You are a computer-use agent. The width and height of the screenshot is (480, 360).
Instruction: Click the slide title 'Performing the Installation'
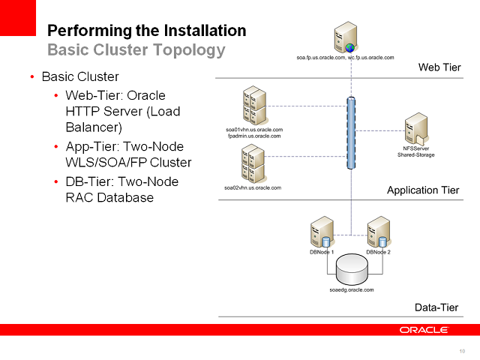point(146,31)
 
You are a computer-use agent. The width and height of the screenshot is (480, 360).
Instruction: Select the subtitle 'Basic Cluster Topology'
point(136,50)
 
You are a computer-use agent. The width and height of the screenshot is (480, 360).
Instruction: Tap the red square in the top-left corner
point(17,17)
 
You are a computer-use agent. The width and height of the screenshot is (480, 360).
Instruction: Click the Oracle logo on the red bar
point(424,330)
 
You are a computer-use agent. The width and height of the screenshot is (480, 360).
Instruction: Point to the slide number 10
point(461,351)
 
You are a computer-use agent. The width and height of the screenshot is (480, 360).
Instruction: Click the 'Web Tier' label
point(439,68)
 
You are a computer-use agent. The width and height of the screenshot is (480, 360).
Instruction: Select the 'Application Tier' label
point(423,190)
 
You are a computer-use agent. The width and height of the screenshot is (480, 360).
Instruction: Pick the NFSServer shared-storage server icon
point(415,130)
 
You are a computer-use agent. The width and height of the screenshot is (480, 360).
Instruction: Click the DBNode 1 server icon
point(322,232)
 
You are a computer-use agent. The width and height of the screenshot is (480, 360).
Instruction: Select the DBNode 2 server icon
point(378,232)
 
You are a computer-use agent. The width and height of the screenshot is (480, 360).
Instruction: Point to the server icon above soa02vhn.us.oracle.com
point(253,163)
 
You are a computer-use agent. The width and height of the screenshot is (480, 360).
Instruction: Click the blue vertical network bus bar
point(350,135)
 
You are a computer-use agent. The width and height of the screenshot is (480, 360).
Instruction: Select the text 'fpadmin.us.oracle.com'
point(253,136)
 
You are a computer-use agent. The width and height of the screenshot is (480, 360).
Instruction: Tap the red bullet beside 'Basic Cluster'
point(31,77)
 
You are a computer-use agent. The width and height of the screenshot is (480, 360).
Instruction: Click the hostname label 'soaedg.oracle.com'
point(351,289)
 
